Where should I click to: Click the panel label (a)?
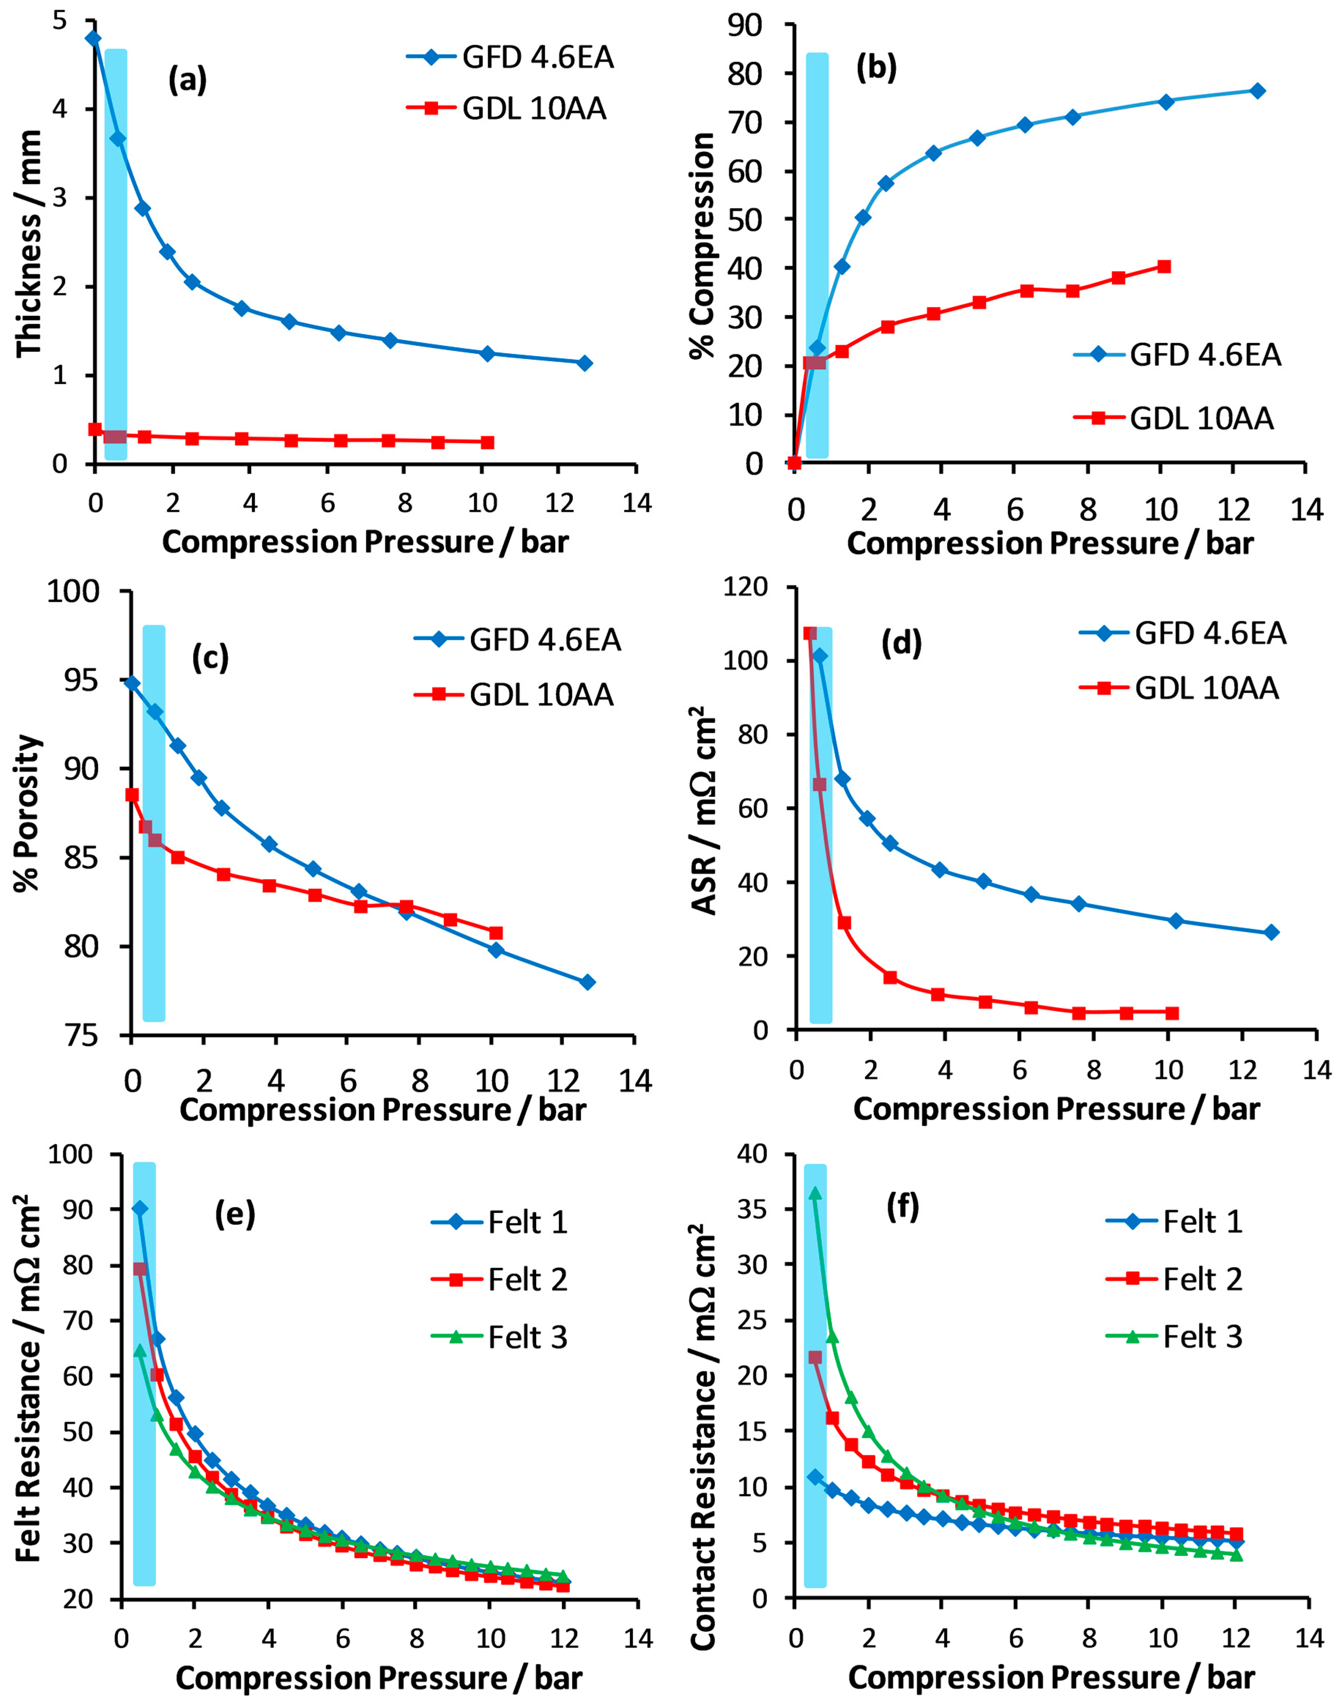coord(187,80)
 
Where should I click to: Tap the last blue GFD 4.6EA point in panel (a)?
coord(584,363)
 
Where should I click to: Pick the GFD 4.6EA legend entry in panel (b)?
coord(1205,355)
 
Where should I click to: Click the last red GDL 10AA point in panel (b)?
coord(1164,267)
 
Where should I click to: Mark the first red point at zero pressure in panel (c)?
coord(132,795)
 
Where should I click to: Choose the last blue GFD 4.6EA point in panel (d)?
coord(1272,933)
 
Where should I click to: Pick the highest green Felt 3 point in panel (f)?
coord(815,1193)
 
